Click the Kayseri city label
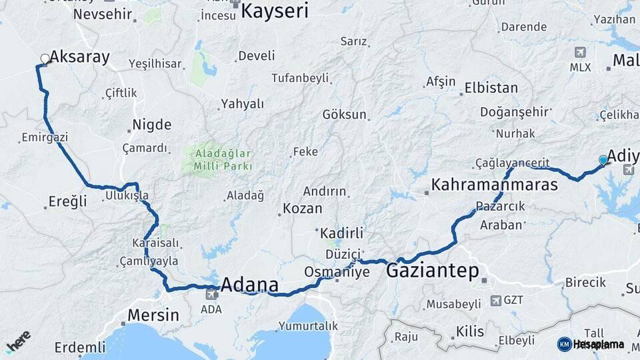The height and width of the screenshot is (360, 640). (275, 11)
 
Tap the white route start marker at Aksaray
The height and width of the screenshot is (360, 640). (45, 59)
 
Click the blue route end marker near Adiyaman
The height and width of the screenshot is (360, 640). (603, 160)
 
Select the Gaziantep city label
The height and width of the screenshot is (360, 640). (433, 271)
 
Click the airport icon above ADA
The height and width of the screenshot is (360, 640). (212, 293)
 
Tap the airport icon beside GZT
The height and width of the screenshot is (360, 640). (495, 300)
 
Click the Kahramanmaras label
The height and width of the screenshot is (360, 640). (494, 185)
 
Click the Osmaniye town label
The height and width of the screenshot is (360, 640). (336, 272)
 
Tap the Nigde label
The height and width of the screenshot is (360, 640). (151, 125)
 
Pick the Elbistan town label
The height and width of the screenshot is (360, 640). (491, 87)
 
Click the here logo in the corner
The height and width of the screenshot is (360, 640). (18, 341)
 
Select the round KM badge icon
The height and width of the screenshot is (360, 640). (564, 344)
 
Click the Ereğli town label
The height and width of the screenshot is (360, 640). (68, 201)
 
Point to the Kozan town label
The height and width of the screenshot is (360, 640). (303, 209)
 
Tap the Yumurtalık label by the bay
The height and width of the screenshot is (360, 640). (308, 326)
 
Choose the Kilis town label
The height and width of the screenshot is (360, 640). (470, 331)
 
